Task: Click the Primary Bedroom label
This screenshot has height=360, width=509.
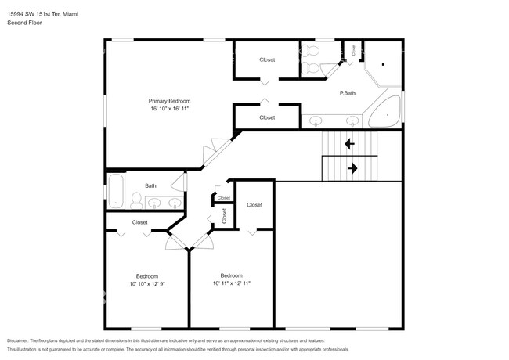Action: click(170, 101)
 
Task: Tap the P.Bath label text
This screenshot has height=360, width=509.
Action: click(348, 94)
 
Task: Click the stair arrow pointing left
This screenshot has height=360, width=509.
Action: click(349, 144)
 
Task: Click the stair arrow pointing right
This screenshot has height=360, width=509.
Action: click(352, 167)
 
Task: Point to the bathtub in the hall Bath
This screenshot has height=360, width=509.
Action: click(115, 193)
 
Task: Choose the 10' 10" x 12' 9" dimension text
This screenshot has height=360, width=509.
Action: click(147, 284)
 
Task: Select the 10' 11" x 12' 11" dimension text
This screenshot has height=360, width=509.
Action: click(231, 283)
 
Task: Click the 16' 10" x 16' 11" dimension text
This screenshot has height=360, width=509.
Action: click(170, 109)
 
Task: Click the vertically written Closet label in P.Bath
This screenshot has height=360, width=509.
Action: click(354, 49)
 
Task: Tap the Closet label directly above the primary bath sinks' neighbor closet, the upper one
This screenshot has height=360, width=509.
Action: click(267, 59)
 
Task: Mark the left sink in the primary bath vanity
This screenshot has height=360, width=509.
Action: click(317, 121)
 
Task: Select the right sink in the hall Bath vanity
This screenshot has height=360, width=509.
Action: click(175, 203)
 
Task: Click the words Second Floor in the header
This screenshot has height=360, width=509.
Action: click(26, 23)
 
